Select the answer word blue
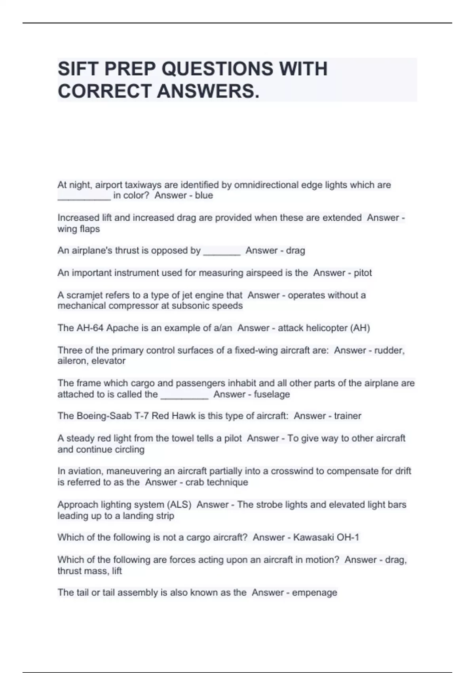click(x=204, y=195)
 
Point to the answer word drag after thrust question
click(x=295, y=251)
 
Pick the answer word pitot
click(x=363, y=273)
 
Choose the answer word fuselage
click(x=272, y=394)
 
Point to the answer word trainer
click(x=348, y=416)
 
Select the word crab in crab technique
click(x=194, y=482)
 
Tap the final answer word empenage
click(x=314, y=593)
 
